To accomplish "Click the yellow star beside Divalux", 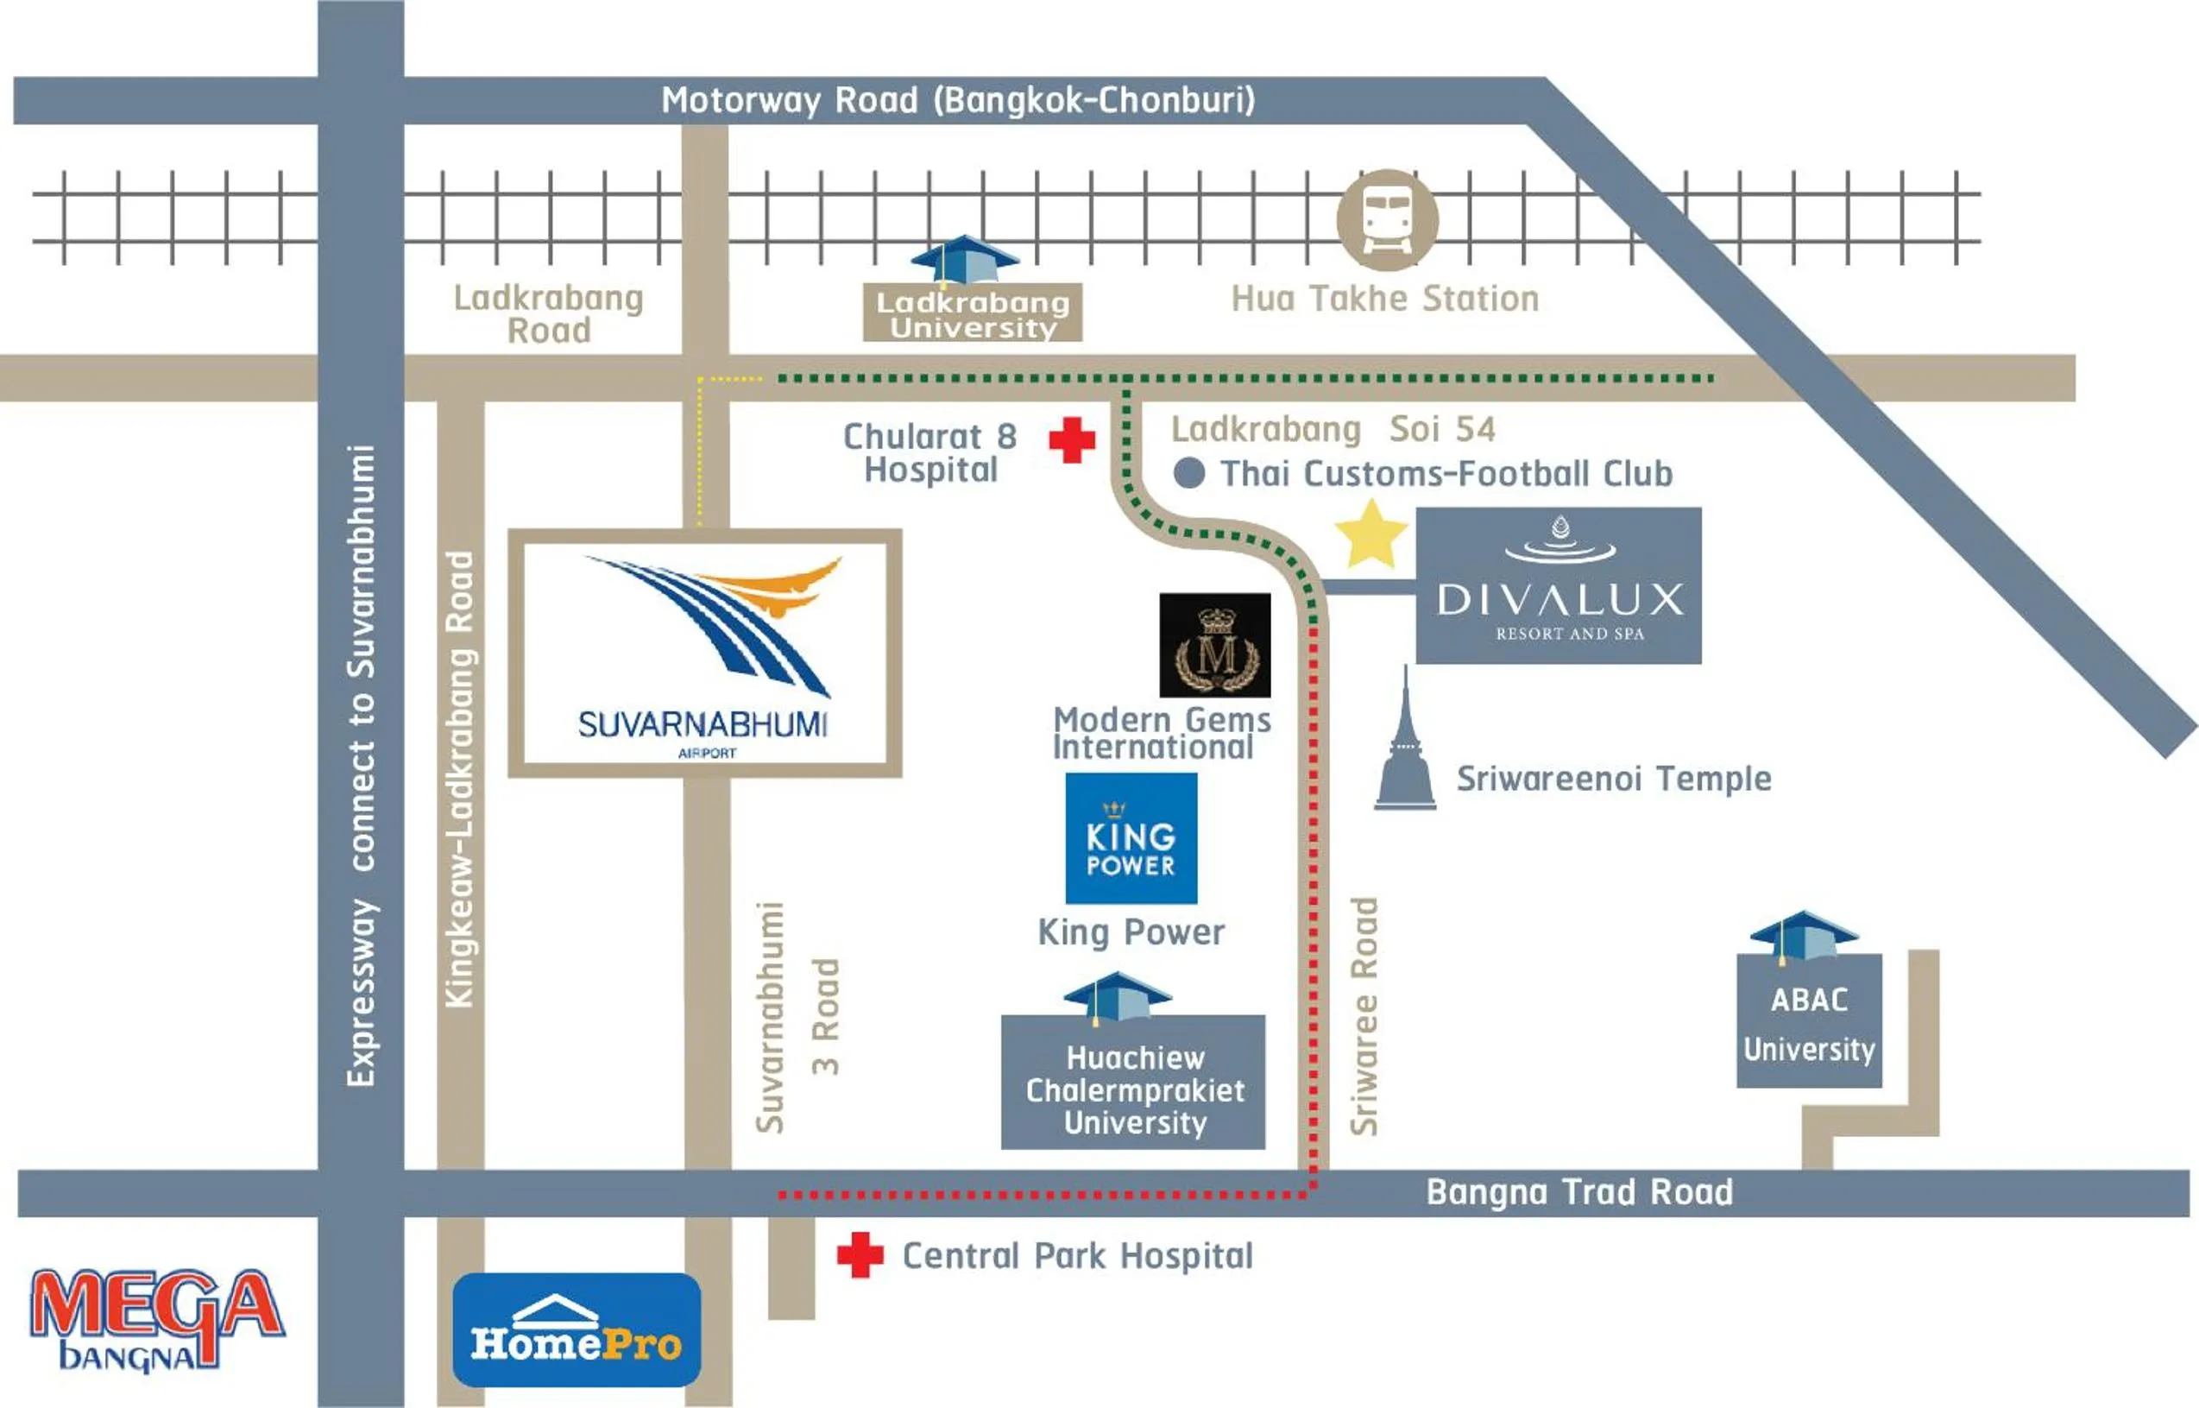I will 1370,535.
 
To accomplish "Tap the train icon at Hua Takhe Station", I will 1387,220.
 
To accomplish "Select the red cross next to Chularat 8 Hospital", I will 1071,440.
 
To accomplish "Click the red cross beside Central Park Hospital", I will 860,1255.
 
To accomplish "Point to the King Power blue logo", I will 1131,838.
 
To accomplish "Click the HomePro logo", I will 576,1329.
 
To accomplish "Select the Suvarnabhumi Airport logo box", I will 705,653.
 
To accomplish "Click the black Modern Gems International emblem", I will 1214,646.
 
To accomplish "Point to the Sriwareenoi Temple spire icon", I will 1405,746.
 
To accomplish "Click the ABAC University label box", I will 1808,1022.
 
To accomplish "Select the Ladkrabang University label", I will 973,313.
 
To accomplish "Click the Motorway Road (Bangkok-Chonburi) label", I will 958,99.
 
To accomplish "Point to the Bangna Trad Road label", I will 1578,1192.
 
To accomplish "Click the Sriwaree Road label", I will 1364,1016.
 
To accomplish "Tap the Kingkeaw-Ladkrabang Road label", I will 460,779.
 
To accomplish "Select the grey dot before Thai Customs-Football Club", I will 1188,473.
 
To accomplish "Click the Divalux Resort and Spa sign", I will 1559,586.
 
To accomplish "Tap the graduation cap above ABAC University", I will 1802,934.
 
